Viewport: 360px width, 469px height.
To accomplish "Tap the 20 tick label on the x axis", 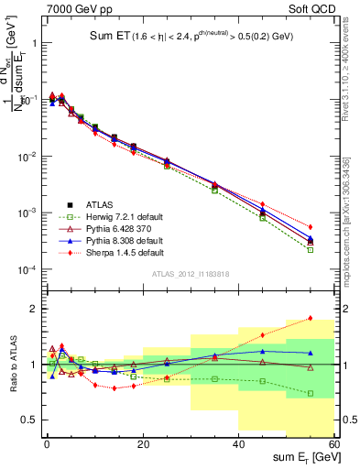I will tap(142, 443).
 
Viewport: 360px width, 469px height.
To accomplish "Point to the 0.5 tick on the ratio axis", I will tap(31, 420).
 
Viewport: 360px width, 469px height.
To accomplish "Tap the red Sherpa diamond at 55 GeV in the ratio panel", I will tap(310, 318).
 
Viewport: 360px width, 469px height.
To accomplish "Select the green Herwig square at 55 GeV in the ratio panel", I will tap(310, 393).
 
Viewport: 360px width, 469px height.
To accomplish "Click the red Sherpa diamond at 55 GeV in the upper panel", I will tap(310, 226).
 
